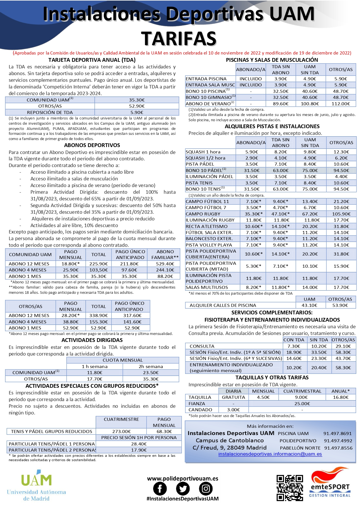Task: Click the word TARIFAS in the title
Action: (179, 39)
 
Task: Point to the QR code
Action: (290, 488)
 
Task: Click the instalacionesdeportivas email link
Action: (270, 454)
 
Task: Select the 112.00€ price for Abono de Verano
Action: (341, 104)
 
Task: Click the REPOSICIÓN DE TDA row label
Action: (50, 113)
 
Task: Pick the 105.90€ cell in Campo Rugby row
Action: (341, 214)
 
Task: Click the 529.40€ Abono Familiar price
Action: (165, 264)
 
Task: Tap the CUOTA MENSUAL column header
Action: (123, 360)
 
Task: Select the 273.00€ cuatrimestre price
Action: (121, 432)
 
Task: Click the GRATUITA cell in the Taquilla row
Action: (233, 397)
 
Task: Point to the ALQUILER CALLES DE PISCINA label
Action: (223, 305)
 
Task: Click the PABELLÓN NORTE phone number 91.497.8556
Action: (338, 448)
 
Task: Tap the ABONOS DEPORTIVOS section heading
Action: (92, 145)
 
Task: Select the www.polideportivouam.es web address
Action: (182, 479)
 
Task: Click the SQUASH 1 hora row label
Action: (203, 152)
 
